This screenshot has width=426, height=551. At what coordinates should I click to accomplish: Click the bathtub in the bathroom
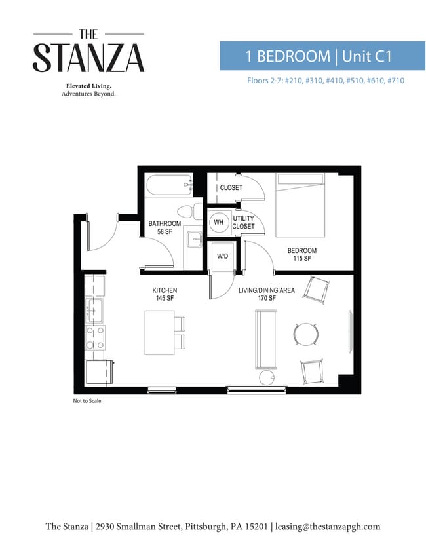[169, 185]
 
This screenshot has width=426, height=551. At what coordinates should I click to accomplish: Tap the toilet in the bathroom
[186, 212]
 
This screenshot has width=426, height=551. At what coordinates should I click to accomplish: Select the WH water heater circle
[219, 222]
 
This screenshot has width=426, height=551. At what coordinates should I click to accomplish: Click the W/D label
[222, 256]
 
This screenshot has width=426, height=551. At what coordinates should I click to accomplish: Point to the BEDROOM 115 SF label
[302, 254]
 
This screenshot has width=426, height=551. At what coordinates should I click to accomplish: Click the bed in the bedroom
[300, 205]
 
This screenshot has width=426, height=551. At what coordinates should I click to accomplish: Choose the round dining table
[306, 334]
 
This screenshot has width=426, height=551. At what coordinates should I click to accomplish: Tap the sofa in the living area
[265, 339]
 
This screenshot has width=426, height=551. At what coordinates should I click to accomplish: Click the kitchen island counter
[160, 332]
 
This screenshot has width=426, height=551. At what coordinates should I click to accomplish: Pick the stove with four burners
[95, 337]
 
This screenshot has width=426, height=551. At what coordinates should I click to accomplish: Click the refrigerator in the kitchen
[99, 371]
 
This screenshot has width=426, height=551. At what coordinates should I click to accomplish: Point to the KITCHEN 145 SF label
[165, 294]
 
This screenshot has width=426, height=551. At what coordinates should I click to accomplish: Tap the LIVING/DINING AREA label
[267, 290]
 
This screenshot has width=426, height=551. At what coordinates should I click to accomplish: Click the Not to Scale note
[87, 400]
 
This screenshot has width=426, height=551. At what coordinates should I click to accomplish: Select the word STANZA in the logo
[88, 58]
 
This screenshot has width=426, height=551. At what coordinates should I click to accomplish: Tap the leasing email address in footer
[328, 526]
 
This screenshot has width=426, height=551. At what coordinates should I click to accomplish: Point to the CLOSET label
[231, 187]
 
